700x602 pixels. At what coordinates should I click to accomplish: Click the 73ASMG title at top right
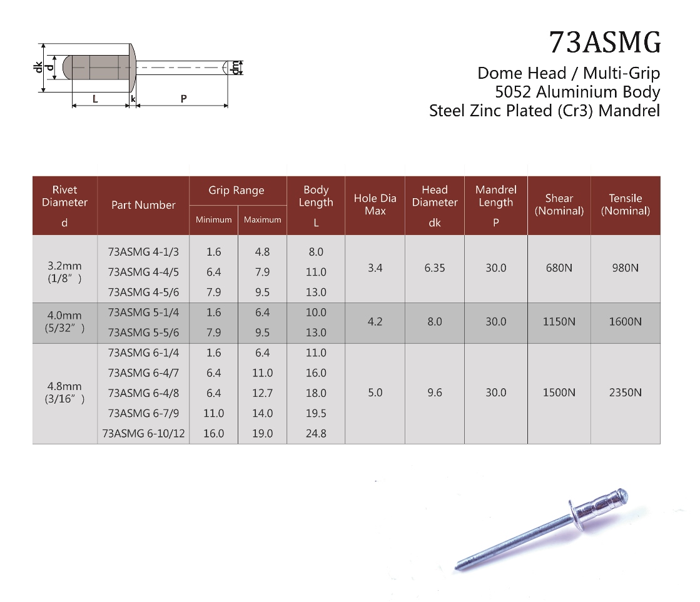[604, 43]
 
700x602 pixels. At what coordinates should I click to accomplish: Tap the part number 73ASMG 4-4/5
[143, 272]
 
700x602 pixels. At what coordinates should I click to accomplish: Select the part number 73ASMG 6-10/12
[143, 434]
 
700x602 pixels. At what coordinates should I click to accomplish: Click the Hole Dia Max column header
[375, 204]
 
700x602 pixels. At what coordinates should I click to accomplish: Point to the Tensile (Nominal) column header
[626, 204]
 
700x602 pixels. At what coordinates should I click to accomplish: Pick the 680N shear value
[559, 268]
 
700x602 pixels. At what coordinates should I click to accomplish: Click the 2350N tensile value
[626, 393]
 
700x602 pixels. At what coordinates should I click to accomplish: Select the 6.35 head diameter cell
[435, 268]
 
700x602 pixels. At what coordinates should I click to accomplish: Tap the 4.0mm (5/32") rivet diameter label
[64, 322]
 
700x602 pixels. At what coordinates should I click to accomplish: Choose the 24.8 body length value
[316, 434]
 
